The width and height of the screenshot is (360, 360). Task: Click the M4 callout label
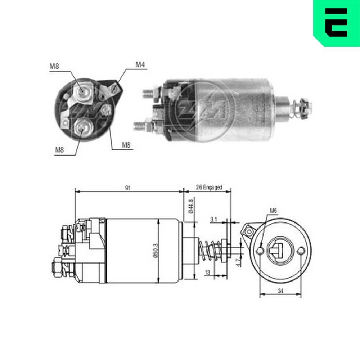click(x=140, y=65)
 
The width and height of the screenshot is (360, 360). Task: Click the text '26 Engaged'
click(x=209, y=188)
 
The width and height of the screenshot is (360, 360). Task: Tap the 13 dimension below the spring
click(x=207, y=273)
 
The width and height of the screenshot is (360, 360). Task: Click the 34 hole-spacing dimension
click(x=280, y=291)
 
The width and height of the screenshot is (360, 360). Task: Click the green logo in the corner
click(x=336, y=23)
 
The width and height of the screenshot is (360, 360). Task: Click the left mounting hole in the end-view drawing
click(x=260, y=251)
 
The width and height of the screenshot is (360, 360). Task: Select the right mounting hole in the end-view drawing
click(x=301, y=251)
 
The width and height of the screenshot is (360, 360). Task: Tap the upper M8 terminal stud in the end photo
click(x=83, y=91)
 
